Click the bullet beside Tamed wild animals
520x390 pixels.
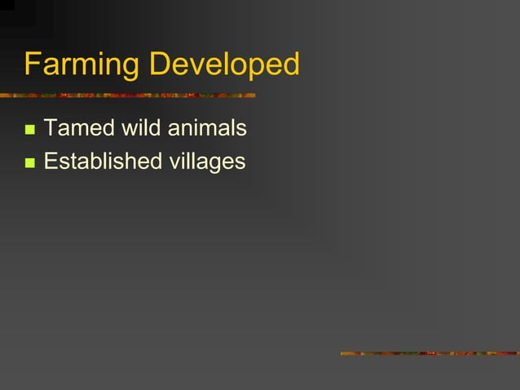pyautogui.click(x=30, y=130)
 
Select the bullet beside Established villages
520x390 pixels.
pyautogui.click(x=30, y=162)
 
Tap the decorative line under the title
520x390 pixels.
pyautogui.click(x=127, y=95)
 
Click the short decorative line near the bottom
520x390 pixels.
pyautogui.click(x=430, y=353)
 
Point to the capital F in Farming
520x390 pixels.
pyautogui.click(x=33, y=64)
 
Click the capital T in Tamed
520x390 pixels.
pyautogui.click(x=50, y=128)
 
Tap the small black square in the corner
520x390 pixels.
pyautogui.click(x=7, y=4)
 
